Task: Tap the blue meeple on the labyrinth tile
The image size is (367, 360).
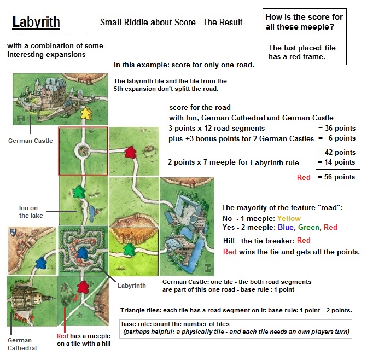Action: (x=81, y=252)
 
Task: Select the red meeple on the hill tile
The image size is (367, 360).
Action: (x=83, y=287)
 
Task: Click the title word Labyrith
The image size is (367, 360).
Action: (x=36, y=23)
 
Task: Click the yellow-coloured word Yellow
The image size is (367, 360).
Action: (x=289, y=219)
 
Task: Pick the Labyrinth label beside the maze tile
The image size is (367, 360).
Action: (x=132, y=286)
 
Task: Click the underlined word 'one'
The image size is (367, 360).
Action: (x=227, y=65)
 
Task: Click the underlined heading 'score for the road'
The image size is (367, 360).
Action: (x=200, y=107)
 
